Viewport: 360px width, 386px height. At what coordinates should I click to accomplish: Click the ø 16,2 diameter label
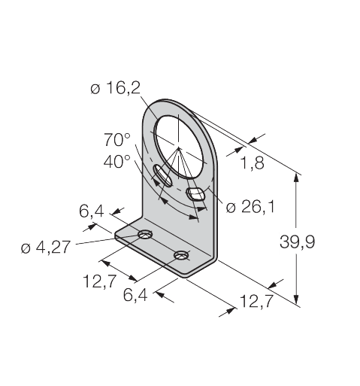(115, 89)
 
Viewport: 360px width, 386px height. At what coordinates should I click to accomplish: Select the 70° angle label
(117, 140)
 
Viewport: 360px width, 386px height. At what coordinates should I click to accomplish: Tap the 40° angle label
(117, 161)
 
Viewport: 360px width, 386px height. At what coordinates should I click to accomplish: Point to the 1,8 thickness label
(252, 163)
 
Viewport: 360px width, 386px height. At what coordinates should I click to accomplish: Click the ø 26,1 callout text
(250, 208)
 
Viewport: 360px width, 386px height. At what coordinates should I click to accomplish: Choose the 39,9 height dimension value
(297, 242)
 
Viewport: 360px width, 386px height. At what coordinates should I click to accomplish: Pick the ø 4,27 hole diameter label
(46, 248)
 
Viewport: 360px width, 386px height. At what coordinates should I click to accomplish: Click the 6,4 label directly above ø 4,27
(92, 211)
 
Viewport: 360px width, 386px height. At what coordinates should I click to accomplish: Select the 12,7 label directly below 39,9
(256, 301)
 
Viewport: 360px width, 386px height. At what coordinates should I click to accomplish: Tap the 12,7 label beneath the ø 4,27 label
(99, 281)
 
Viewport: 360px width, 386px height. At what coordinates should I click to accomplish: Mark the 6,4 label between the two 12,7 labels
(135, 295)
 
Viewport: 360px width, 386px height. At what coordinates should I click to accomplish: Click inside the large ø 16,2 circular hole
(179, 147)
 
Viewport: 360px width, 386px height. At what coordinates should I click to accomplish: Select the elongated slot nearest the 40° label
(162, 175)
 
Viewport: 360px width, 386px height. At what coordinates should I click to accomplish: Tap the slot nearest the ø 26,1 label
(195, 193)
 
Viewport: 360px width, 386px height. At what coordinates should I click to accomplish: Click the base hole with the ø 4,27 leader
(145, 234)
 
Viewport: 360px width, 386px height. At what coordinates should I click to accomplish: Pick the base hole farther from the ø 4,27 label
(182, 255)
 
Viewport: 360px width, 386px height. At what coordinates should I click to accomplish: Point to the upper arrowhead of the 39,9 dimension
(296, 178)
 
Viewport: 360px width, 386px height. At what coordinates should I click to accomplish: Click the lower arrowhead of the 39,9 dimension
(296, 299)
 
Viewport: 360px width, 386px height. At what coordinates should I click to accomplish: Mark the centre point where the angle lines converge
(178, 148)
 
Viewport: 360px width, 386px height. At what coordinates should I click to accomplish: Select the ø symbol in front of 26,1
(231, 208)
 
